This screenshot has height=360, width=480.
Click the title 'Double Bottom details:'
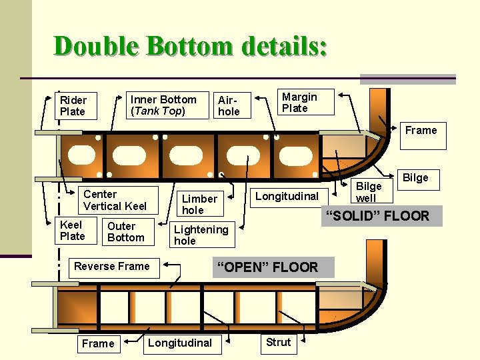pyautogui.click(x=191, y=46)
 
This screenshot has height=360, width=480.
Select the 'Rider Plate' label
pyautogui.click(x=75, y=106)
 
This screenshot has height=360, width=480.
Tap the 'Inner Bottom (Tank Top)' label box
pyautogui.click(x=164, y=105)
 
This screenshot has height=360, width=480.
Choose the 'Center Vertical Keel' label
pyautogui.click(x=115, y=200)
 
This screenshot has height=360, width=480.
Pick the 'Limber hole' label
pyautogui.click(x=199, y=204)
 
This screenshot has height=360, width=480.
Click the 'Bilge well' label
pyautogui.click(x=367, y=192)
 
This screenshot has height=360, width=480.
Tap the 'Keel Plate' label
pyautogui.click(x=73, y=231)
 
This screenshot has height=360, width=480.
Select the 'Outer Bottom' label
pyautogui.click(x=125, y=231)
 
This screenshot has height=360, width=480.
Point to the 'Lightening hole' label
pyautogui.click(x=201, y=235)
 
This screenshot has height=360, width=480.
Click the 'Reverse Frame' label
pyautogui.click(x=112, y=267)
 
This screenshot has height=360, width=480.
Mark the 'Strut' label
pyautogui.click(x=278, y=343)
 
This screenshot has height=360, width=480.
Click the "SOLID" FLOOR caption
pyautogui.click(x=381, y=216)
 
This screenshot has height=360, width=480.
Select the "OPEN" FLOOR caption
pyautogui.click(x=265, y=267)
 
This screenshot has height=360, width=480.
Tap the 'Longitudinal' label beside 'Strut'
pyautogui.click(x=180, y=343)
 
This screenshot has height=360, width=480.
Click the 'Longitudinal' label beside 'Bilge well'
pyautogui.click(x=287, y=196)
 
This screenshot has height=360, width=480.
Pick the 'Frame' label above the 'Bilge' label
pyautogui.click(x=421, y=130)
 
